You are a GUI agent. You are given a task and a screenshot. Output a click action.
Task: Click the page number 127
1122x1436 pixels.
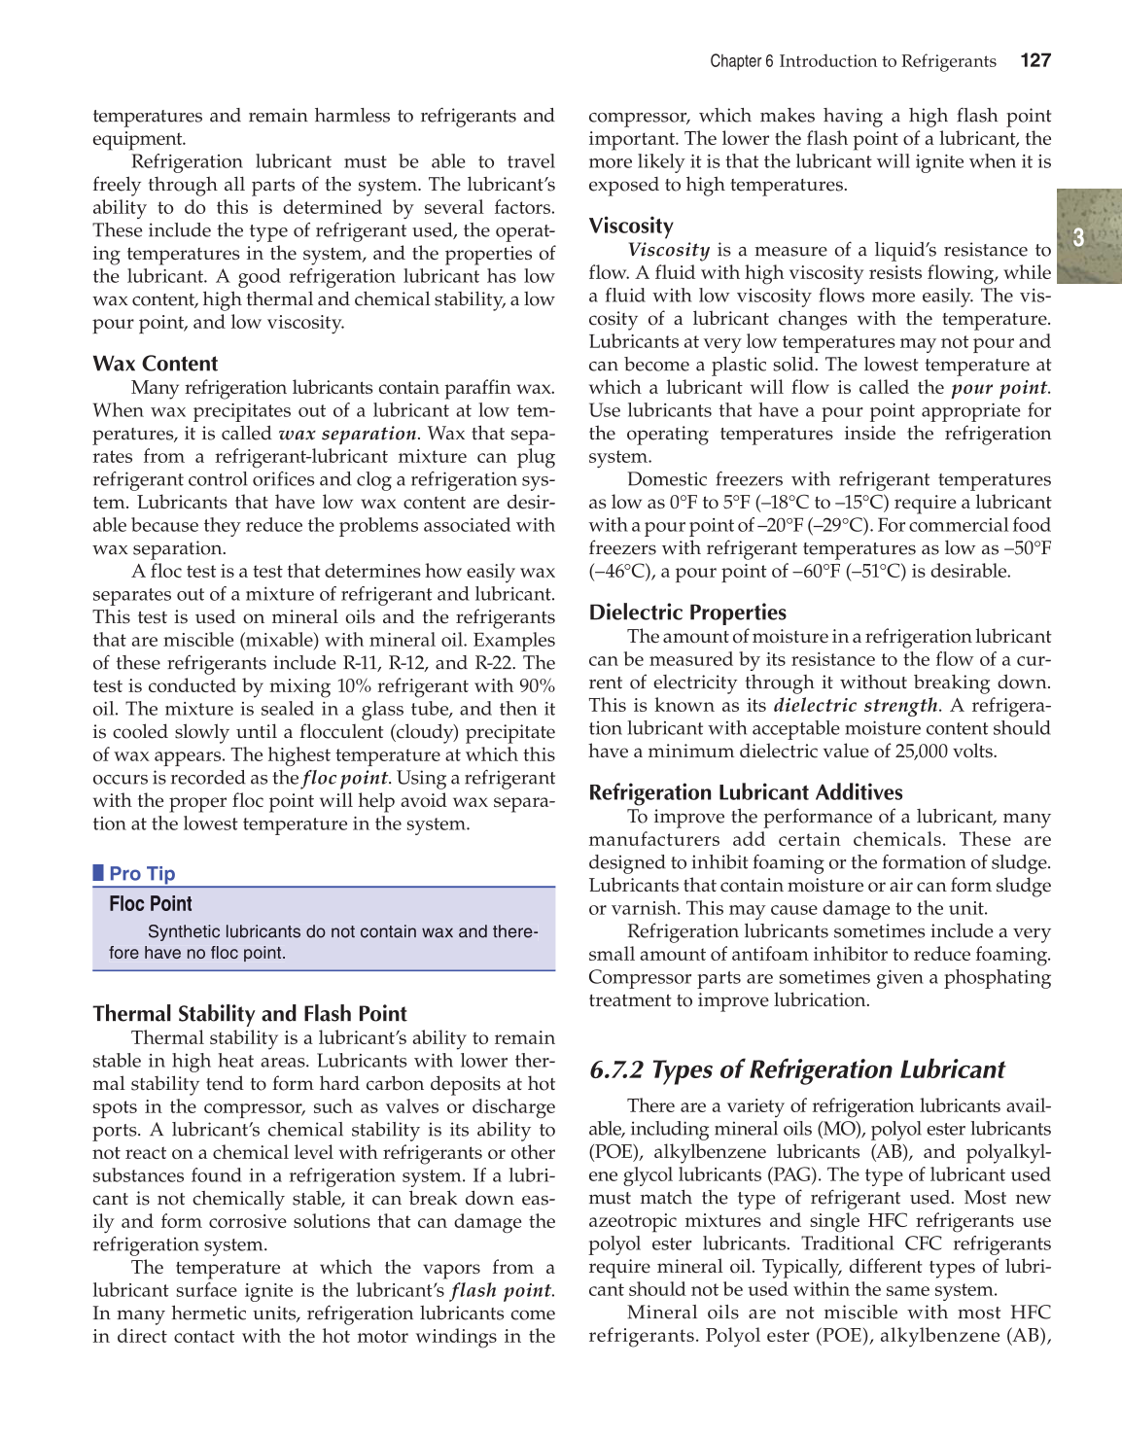point(1035,60)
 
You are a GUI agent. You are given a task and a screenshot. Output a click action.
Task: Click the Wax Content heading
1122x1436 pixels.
point(156,364)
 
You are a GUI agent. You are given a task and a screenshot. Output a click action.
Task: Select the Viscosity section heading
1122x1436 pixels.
point(631,227)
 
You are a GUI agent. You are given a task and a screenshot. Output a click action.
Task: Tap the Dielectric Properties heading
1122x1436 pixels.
point(687,613)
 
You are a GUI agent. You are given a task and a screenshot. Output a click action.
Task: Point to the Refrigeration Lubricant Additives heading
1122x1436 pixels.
point(746,792)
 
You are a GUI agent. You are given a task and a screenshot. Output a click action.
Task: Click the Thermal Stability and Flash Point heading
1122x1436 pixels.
point(250,1014)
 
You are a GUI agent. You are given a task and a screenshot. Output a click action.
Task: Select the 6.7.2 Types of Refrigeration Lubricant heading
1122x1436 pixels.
point(796,1069)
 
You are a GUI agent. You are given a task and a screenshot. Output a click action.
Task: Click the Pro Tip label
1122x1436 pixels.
point(142,873)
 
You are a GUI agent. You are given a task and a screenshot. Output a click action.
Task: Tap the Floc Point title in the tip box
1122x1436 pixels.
point(151,904)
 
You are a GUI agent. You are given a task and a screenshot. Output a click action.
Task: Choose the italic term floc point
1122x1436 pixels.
point(345,778)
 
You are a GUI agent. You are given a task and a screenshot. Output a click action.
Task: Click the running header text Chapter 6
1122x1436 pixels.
point(742,61)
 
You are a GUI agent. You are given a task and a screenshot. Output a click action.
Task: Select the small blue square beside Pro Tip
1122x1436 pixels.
point(98,872)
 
